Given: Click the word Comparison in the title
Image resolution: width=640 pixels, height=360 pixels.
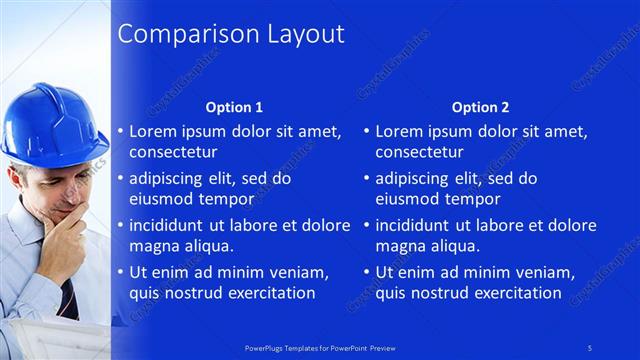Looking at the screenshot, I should [x=175, y=34].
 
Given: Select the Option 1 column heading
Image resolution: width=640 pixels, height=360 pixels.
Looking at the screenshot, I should [x=234, y=107].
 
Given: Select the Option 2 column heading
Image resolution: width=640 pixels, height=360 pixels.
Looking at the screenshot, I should [x=480, y=107].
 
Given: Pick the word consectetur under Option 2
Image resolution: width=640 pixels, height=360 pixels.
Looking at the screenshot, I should [x=420, y=153].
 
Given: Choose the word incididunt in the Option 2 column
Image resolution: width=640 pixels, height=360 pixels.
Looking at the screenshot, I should [x=418, y=225].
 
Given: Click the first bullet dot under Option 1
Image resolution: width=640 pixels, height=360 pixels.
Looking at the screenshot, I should [x=121, y=131].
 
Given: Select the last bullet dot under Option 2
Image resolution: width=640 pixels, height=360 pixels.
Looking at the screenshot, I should [x=367, y=272].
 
